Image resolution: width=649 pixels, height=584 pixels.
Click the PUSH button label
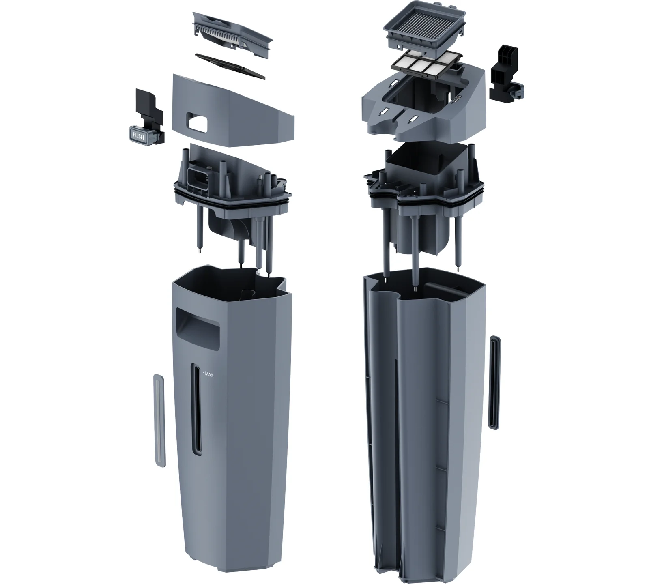coord(138,136)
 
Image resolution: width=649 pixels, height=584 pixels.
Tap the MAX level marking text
coord(208,375)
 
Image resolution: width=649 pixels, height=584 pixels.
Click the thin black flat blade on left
coord(230,65)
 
